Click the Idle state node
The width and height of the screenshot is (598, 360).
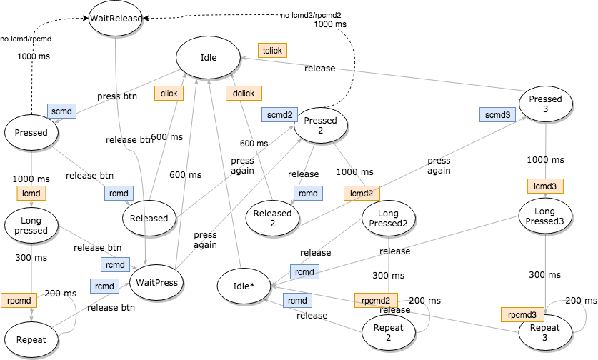pos(208,58)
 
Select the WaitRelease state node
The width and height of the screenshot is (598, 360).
pos(116,18)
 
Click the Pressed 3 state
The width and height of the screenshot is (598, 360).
pos(545,104)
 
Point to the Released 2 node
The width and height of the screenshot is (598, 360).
pos(273,217)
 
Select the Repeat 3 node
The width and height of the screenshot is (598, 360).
pos(545,333)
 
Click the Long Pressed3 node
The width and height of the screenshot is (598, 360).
pos(545,216)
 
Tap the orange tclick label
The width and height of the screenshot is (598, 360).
pos(271,51)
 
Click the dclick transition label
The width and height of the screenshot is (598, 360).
pos(244,93)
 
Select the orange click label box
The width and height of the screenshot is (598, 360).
pos(169,93)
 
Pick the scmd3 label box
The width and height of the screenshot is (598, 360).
pos(498,114)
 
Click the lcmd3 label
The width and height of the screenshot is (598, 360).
pos(545,186)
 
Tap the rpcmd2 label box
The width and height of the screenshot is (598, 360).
pos(376,301)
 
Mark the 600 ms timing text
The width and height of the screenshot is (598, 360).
pos(254,144)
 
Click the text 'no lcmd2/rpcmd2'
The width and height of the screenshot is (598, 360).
pos(310,15)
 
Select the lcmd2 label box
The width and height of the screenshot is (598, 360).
pos(362,193)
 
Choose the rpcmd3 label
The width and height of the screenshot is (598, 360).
pos(522,314)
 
